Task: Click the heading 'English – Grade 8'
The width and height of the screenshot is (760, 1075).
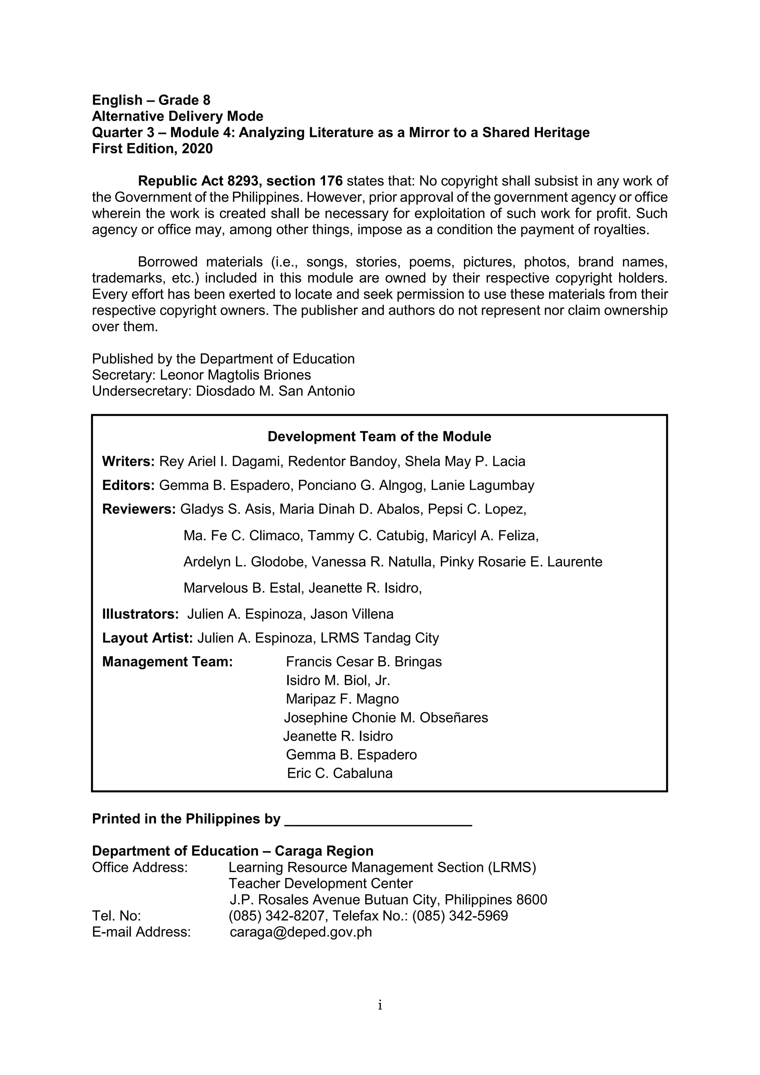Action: click(151, 100)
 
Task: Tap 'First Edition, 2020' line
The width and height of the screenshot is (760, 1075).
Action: click(152, 148)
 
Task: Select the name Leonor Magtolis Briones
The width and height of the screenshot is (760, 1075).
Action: click(235, 375)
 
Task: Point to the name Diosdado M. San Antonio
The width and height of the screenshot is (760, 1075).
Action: click(275, 391)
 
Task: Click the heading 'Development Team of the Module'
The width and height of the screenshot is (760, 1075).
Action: click(379, 437)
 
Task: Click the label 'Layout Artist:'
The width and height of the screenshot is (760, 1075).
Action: click(147, 638)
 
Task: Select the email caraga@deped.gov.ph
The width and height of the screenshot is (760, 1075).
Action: click(301, 932)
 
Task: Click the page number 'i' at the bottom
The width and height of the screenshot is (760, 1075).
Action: click(380, 1005)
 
